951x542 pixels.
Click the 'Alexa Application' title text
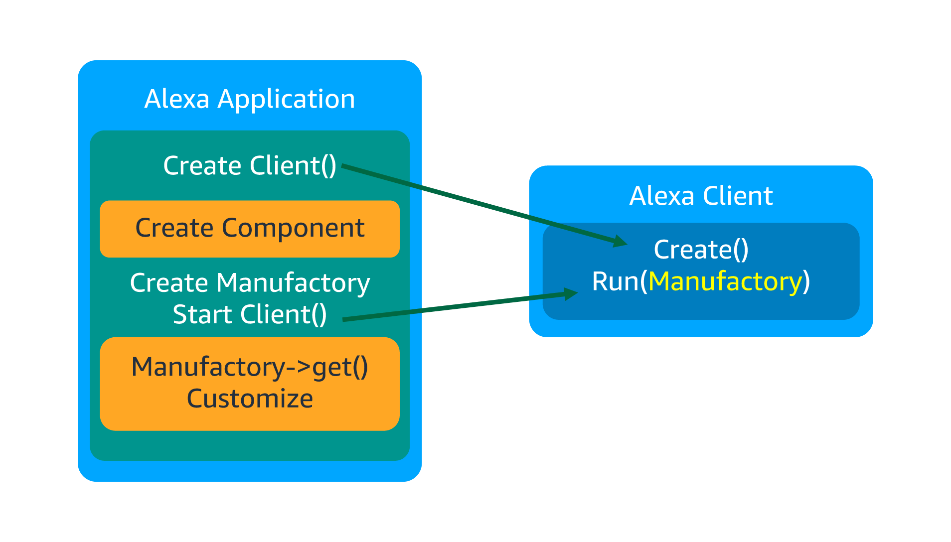click(249, 99)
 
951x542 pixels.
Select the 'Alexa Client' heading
click(701, 195)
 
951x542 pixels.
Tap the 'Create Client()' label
click(249, 165)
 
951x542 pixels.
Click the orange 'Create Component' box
click(249, 229)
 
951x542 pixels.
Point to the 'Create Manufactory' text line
click(249, 282)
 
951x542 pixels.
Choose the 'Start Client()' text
click(249, 314)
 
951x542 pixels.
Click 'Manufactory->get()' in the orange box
click(249, 367)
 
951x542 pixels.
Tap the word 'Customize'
click(249, 399)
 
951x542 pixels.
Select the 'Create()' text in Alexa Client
click(701, 249)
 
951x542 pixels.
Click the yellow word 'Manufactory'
click(725, 281)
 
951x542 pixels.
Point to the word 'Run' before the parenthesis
click(615, 281)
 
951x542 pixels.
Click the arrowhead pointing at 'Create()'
click(621, 241)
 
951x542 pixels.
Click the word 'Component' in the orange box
click(293, 229)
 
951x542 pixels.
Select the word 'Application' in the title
click(286, 100)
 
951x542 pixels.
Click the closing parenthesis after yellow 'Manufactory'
click(806, 281)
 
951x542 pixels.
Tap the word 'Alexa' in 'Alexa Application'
click(176, 99)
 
